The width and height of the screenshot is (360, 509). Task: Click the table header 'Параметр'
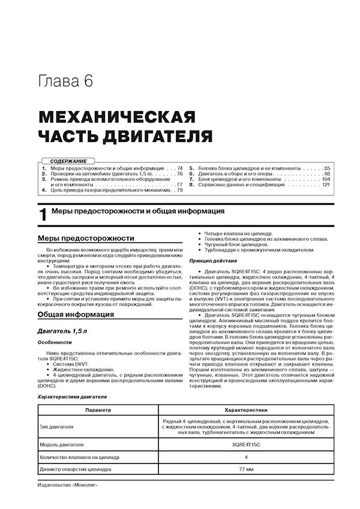(97, 411)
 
